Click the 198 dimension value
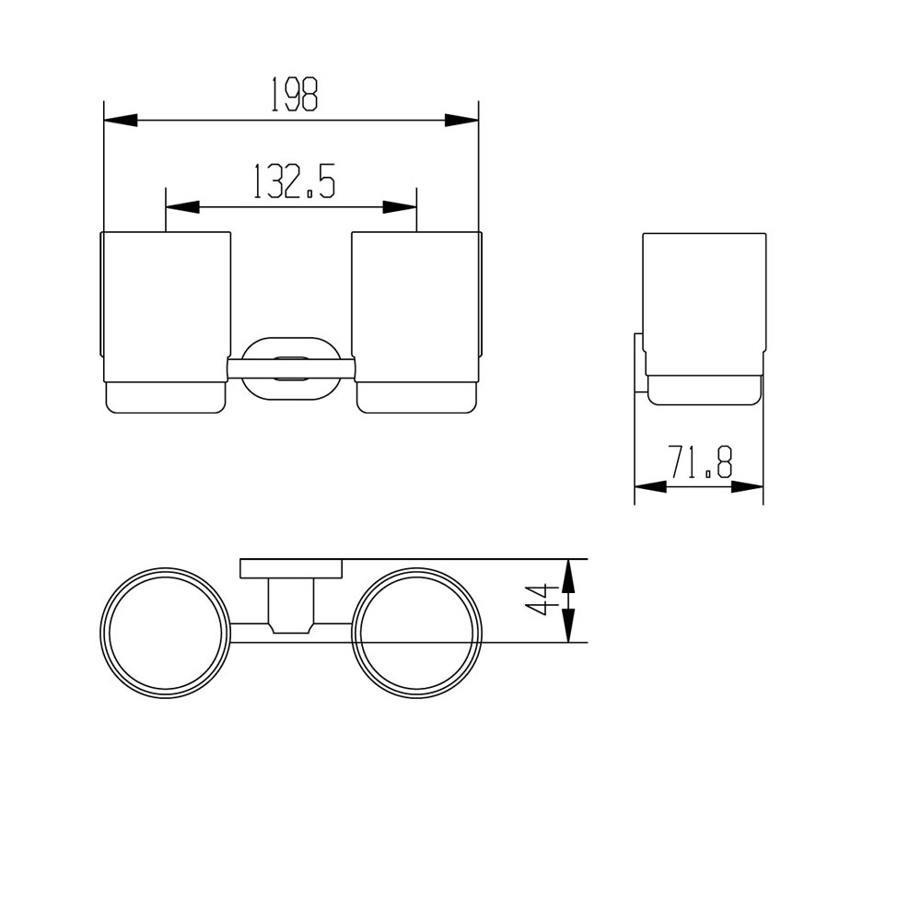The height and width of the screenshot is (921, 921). (x=294, y=95)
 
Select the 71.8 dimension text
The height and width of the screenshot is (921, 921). (x=700, y=461)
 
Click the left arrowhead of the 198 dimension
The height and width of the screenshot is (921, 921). (x=120, y=120)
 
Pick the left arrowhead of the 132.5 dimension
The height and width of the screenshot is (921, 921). (x=181, y=206)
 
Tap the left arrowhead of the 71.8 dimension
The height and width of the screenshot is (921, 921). (x=650, y=486)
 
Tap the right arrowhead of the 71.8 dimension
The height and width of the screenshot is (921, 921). (x=748, y=486)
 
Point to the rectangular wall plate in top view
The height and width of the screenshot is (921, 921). (x=291, y=568)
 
